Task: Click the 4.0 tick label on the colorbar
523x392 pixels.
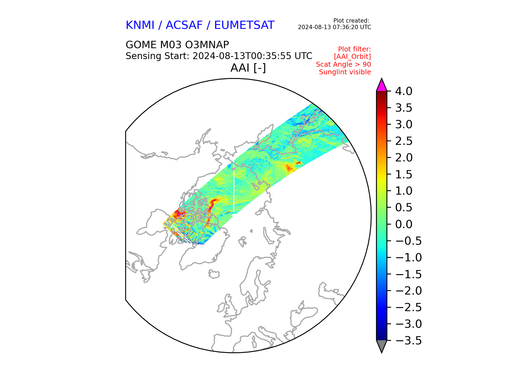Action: (404, 91)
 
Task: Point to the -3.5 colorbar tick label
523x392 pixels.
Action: (408, 341)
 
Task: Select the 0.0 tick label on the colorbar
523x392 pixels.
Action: (404, 224)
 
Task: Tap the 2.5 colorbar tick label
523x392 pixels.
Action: (404, 141)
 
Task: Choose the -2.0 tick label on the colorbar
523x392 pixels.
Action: (408, 291)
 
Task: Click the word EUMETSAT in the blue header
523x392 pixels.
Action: (244, 25)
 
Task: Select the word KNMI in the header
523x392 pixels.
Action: (140, 25)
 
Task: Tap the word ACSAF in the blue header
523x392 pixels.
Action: (184, 25)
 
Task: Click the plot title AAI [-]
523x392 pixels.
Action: (248, 68)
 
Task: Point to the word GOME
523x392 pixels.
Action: (141, 45)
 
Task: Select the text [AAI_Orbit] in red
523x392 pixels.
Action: (352, 57)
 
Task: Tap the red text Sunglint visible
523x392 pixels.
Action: (345, 72)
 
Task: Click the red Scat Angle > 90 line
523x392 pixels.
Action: (343, 65)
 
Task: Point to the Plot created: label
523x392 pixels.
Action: (351, 21)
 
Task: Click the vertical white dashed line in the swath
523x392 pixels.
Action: (234, 191)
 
